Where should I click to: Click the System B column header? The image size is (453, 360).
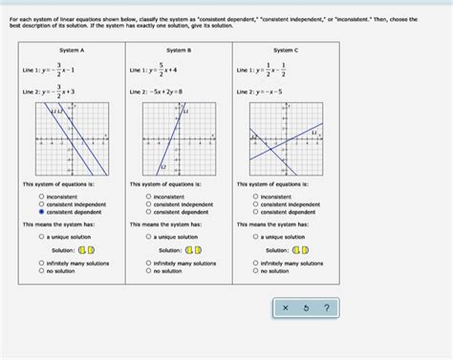pyautogui.click(x=179, y=50)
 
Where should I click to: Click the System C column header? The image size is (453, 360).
pyautogui.click(x=285, y=50)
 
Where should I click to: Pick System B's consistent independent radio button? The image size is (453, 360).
pyautogui.click(x=149, y=204)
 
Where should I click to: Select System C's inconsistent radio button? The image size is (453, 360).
pyautogui.click(x=256, y=197)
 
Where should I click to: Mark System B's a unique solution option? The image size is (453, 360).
pyautogui.click(x=149, y=236)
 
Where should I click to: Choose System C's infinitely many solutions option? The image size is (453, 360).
pyautogui.click(x=256, y=264)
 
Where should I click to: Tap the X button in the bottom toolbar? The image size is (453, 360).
pyautogui.click(x=285, y=307)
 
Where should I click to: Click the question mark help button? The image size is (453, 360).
pyautogui.click(x=326, y=307)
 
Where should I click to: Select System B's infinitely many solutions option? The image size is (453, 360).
pyautogui.click(x=149, y=264)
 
